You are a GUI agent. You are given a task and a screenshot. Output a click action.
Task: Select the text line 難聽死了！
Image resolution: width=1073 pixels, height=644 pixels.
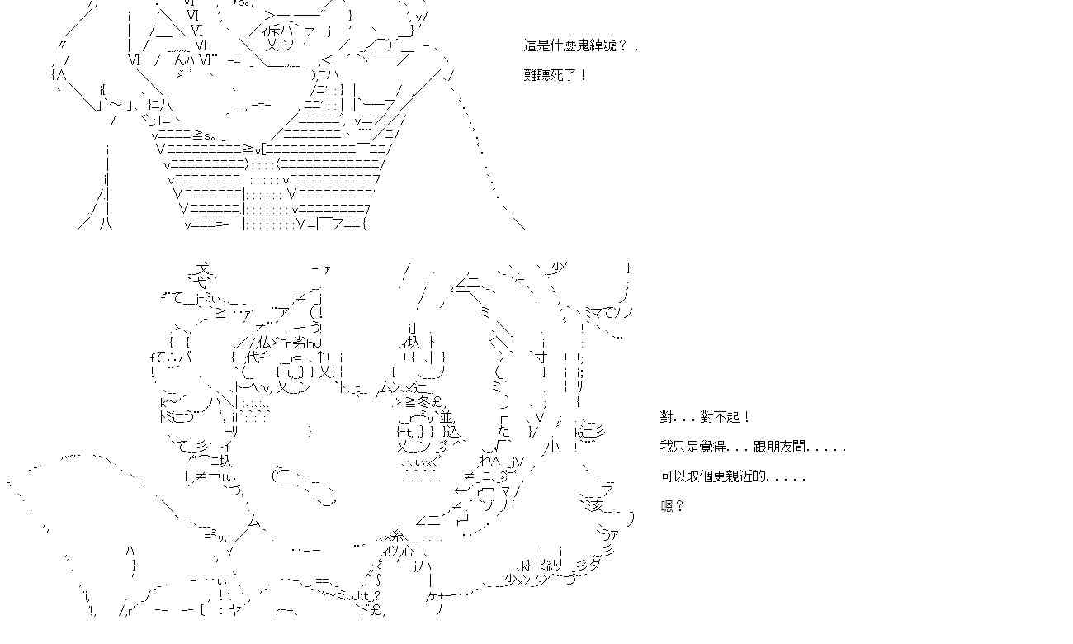tap(555, 75)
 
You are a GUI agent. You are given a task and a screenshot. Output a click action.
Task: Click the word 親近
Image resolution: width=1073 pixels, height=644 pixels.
tap(744, 476)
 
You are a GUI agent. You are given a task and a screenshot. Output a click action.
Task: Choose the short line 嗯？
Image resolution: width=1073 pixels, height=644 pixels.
tap(672, 506)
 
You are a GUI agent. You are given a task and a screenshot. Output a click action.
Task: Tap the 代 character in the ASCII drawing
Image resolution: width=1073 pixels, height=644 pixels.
tap(253, 357)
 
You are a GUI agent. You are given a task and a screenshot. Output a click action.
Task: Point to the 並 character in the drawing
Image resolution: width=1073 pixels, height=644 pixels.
tap(447, 417)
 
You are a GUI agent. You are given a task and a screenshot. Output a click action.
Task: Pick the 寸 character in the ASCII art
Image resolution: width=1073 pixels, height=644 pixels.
tap(541, 358)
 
